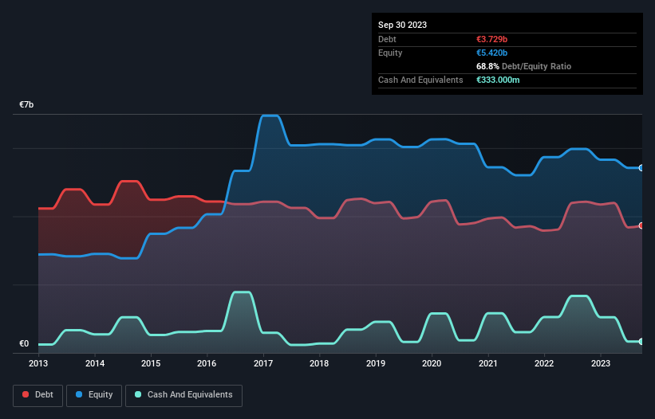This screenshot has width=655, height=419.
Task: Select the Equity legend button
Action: coord(93,394)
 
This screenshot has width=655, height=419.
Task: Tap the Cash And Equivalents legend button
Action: coord(183,394)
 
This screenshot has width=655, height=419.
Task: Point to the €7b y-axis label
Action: coord(26,105)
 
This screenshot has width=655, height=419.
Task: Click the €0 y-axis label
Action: coord(24,344)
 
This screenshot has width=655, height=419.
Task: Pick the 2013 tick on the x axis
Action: coord(38,363)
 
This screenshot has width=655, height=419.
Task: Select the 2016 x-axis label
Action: coord(207,363)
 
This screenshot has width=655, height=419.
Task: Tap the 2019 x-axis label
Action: coord(375,363)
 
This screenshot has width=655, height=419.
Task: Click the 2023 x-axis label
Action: coord(600,363)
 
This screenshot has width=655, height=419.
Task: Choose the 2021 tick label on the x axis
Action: coord(487,363)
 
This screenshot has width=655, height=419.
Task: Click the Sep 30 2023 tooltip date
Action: coord(402,25)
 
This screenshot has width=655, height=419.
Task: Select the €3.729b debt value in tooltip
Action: coord(491,39)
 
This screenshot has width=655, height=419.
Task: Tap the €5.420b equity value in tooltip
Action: coord(491,53)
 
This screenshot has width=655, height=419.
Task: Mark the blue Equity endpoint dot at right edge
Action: coord(641,168)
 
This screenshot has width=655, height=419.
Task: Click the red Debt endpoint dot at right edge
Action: coord(641,225)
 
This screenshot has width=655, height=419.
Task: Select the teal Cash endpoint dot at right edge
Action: coord(641,342)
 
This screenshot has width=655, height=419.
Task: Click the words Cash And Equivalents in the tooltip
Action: coord(420,80)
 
